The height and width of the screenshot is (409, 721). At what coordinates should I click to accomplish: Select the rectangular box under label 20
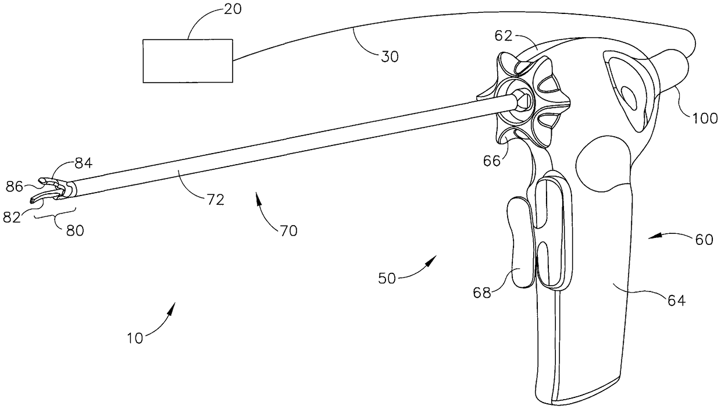click(188, 61)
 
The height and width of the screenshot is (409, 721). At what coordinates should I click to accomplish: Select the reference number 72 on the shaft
click(215, 200)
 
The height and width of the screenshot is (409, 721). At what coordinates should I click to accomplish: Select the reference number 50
click(387, 278)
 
